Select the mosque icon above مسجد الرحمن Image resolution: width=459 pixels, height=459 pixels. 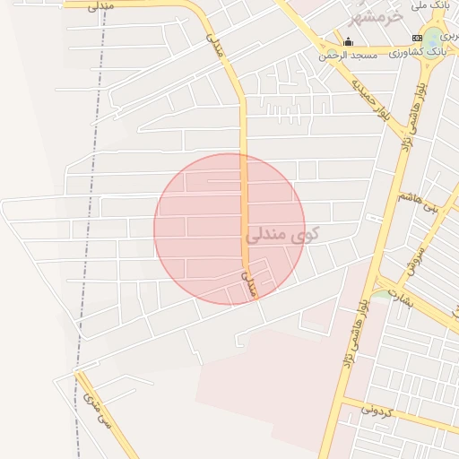coord(348,41)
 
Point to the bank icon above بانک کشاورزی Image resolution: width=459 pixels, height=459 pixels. coord(416,37)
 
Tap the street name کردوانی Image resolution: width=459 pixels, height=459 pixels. coord(377,411)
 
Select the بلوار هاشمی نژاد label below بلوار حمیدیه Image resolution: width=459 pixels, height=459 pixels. coord(410,117)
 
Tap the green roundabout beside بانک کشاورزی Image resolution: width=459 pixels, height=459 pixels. coord(435,37)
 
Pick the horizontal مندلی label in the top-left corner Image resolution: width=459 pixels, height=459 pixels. coord(101,6)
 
